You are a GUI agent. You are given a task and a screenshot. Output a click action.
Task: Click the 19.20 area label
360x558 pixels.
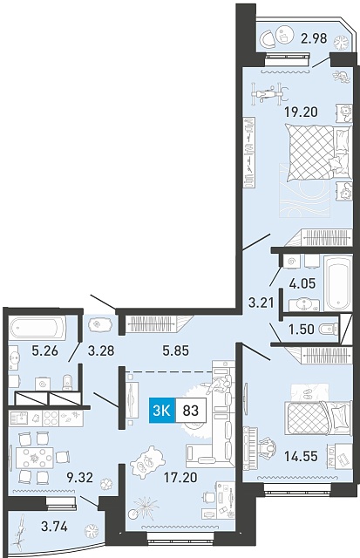click(301, 112)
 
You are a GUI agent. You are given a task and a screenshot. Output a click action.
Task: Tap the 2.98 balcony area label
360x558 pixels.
click(314, 38)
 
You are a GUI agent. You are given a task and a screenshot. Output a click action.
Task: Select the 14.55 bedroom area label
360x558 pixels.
click(301, 456)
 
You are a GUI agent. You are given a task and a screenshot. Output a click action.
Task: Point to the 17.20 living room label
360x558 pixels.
click(180, 477)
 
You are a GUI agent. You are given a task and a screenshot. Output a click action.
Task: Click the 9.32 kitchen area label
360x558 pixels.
click(79, 477)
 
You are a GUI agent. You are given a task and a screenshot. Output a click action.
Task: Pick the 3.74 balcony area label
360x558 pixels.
click(54, 526)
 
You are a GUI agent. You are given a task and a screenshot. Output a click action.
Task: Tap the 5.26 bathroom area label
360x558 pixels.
click(44, 351)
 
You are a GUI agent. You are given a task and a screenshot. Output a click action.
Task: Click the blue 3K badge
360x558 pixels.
click(162, 411)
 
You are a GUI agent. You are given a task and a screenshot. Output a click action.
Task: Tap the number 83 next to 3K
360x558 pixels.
click(190, 411)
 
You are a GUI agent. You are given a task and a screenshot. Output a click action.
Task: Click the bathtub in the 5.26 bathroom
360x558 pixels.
click(37, 328)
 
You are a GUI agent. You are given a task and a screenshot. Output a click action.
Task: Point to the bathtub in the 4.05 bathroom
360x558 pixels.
click(338, 283)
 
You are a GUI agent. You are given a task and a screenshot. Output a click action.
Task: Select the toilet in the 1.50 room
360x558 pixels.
click(329, 330)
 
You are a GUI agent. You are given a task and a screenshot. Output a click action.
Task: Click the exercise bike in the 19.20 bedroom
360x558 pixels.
click(269, 94)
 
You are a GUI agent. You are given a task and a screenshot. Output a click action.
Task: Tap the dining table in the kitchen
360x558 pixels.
click(35, 458)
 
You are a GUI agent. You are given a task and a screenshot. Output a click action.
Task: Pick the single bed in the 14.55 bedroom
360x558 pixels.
click(319, 418)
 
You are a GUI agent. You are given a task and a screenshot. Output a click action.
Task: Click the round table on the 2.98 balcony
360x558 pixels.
click(284, 35)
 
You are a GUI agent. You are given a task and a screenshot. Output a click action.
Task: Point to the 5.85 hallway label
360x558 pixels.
click(175, 351)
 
